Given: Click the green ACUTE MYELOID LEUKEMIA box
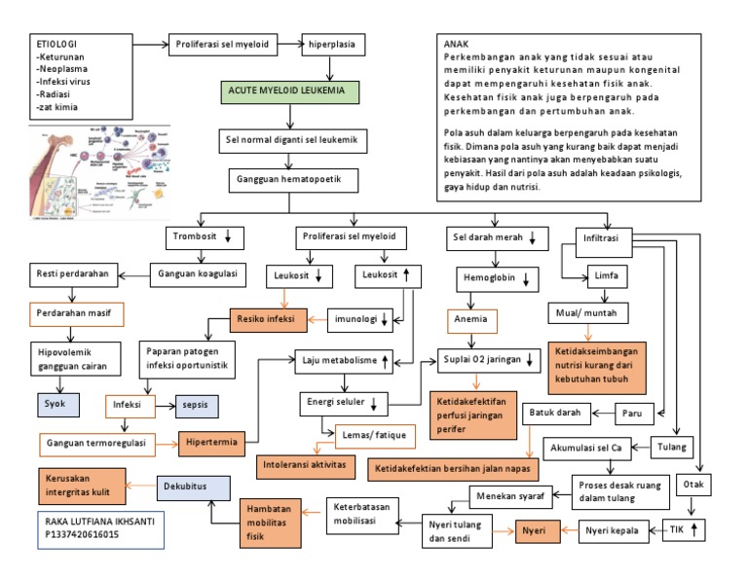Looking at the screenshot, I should (289, 92).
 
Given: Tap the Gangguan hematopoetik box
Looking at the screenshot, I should (289, 180).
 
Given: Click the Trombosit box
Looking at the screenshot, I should (202, 236).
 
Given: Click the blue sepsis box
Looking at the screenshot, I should (194, 403).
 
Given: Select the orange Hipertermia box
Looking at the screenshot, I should (210, 443).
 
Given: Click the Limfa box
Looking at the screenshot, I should (606, 276).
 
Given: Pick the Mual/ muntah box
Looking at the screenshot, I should (587, 313).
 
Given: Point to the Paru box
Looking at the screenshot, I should (632, 414).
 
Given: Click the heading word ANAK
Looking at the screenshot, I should (456, 45).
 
